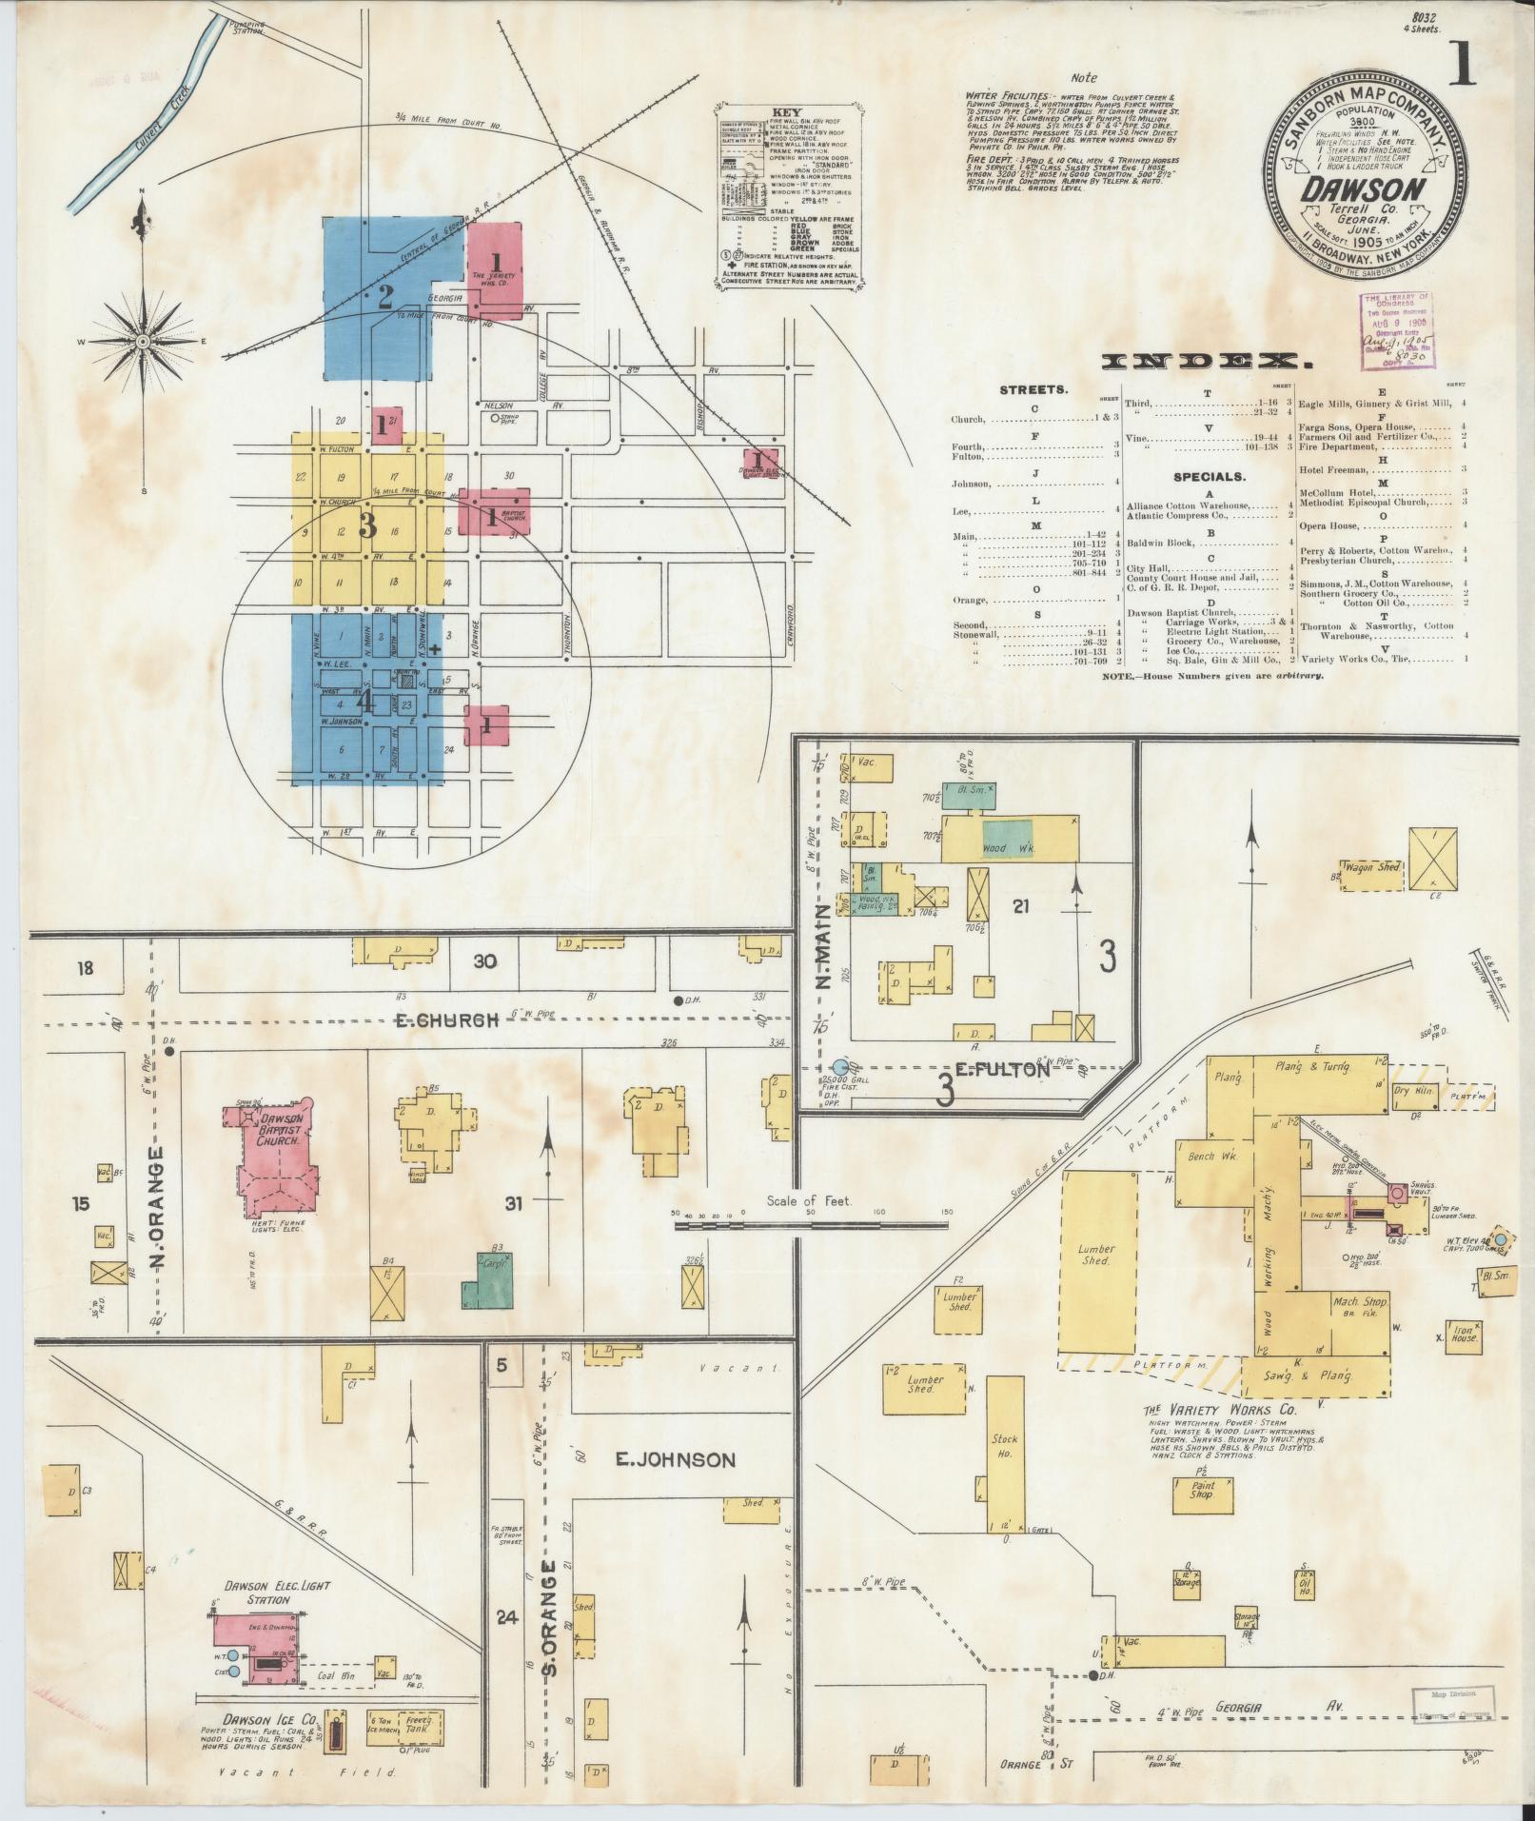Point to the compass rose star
pos(143,340)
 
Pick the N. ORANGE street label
pos(159,1210)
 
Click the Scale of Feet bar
pos(809,1226)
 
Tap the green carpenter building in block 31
pos(489,1278)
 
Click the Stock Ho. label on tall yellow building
pos(1005,1447)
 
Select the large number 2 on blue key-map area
pos(384,296)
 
